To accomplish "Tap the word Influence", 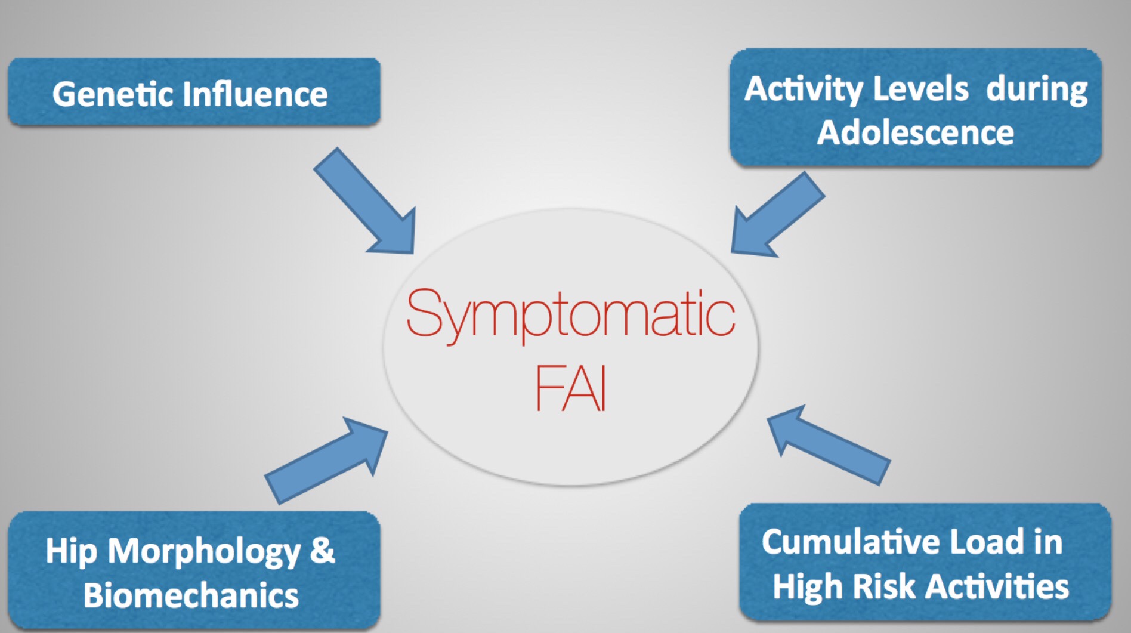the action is pos(255,94).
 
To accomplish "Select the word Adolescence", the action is pos(915,132).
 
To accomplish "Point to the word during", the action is pos(1037,89).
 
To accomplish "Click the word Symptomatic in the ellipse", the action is pos(570,316).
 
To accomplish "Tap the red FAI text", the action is pos(571,388).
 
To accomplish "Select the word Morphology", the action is pos(205,552).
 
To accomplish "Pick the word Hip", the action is pos(71,551).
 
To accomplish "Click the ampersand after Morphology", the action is pos(323,550).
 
